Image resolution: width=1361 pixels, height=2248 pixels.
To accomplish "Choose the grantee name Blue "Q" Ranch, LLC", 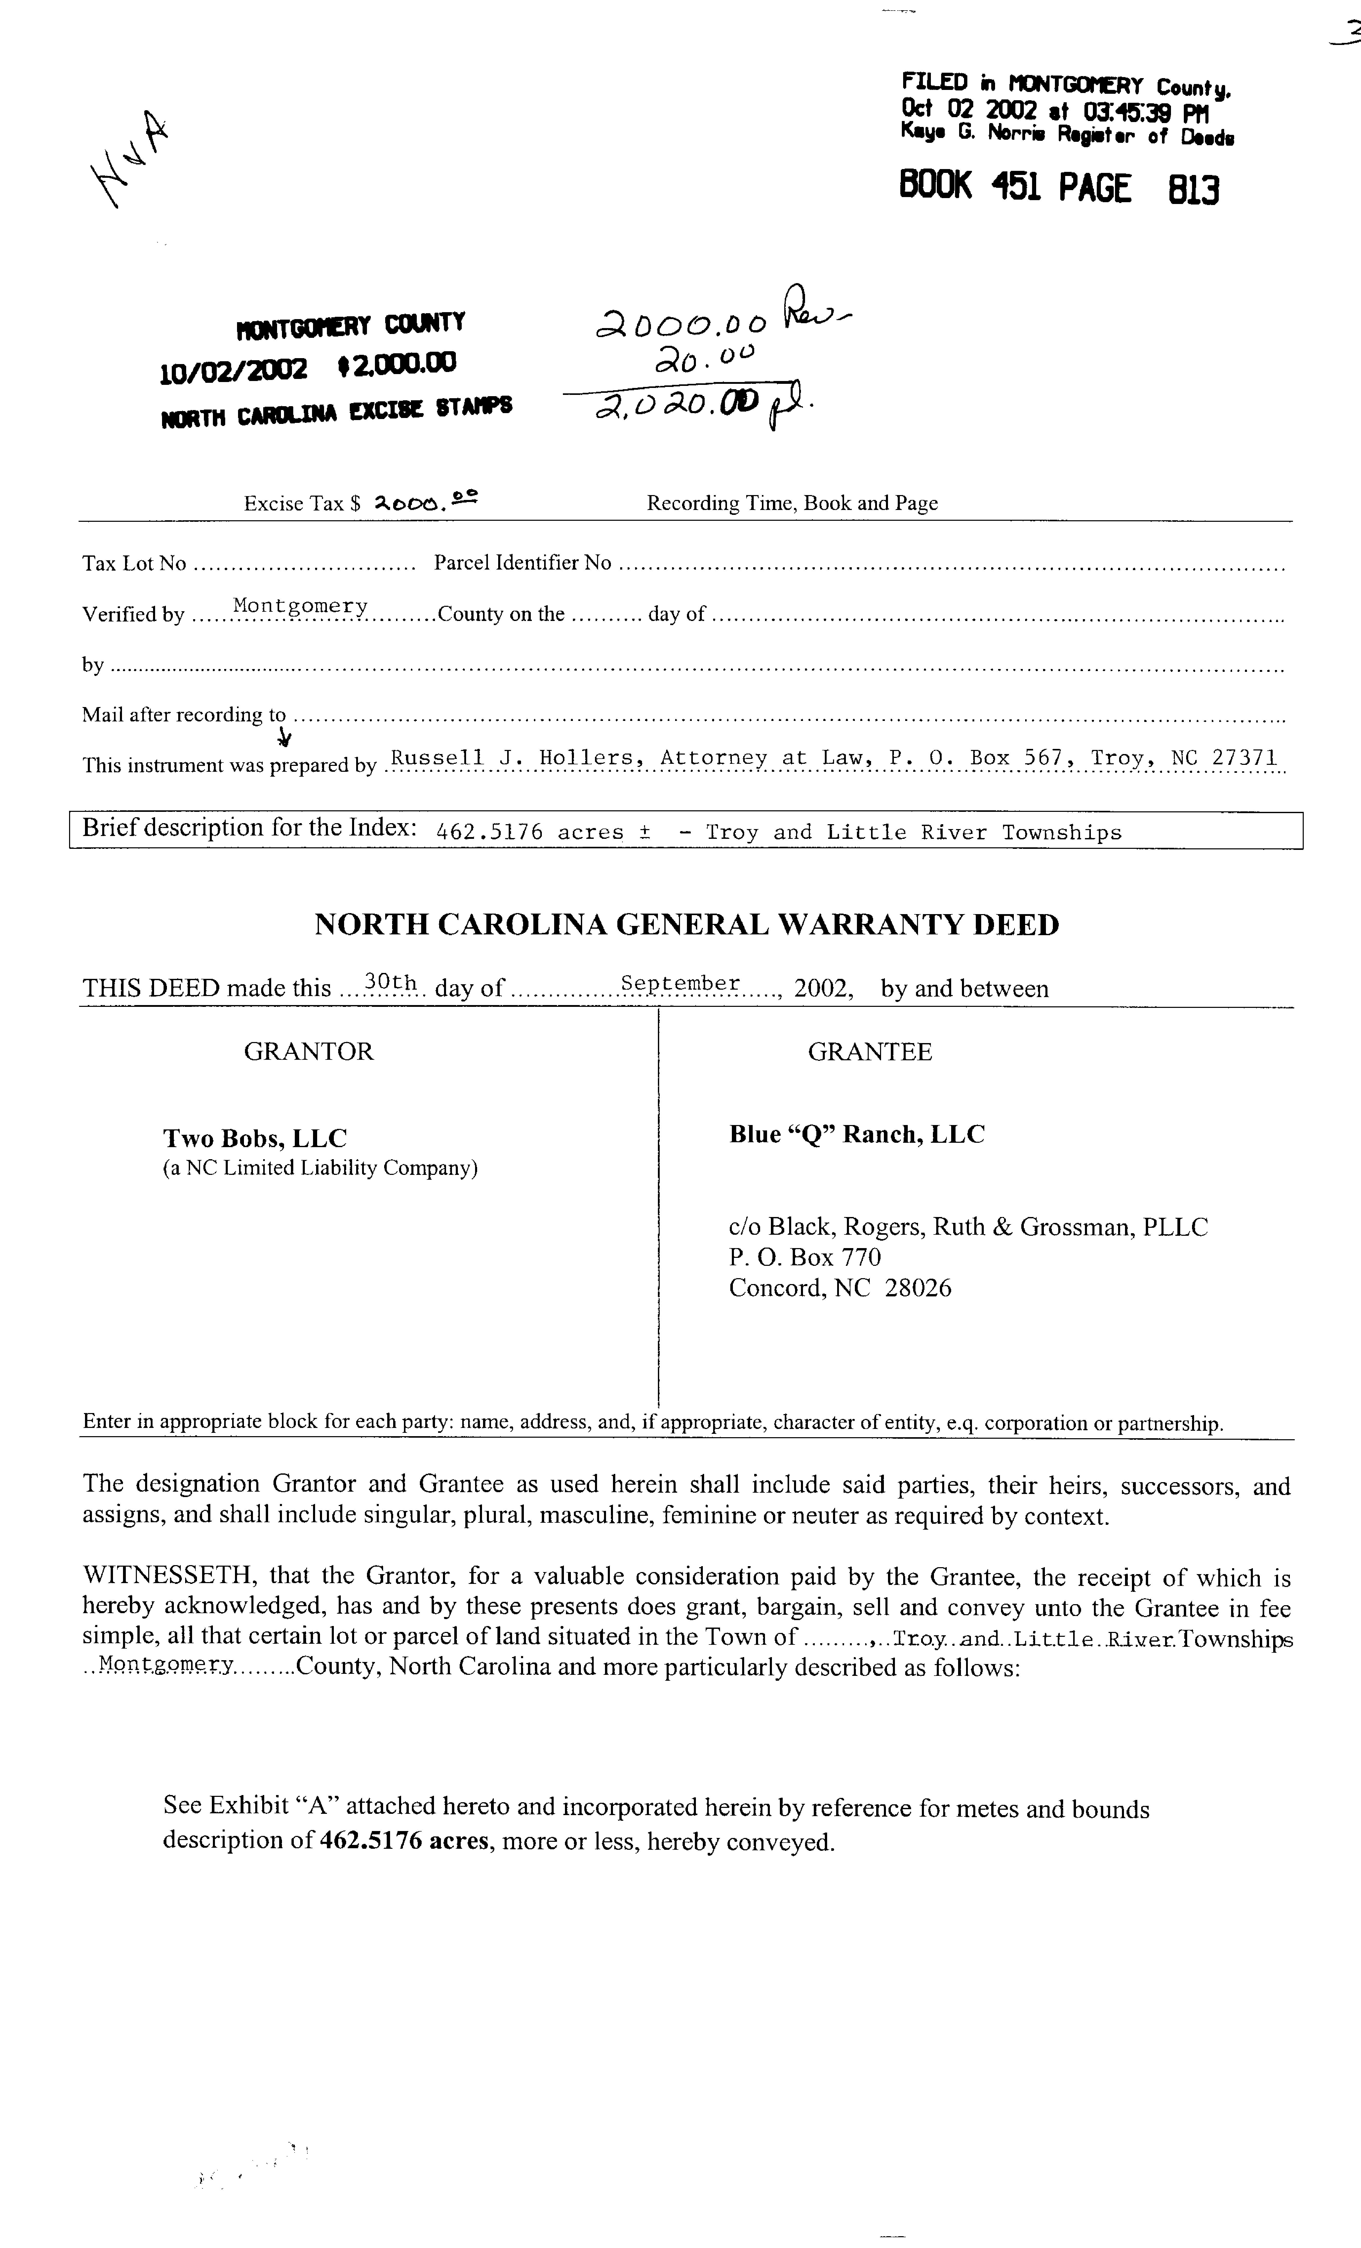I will coord(857,1134).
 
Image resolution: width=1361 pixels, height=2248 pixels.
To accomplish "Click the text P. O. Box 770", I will coord(805,1257).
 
